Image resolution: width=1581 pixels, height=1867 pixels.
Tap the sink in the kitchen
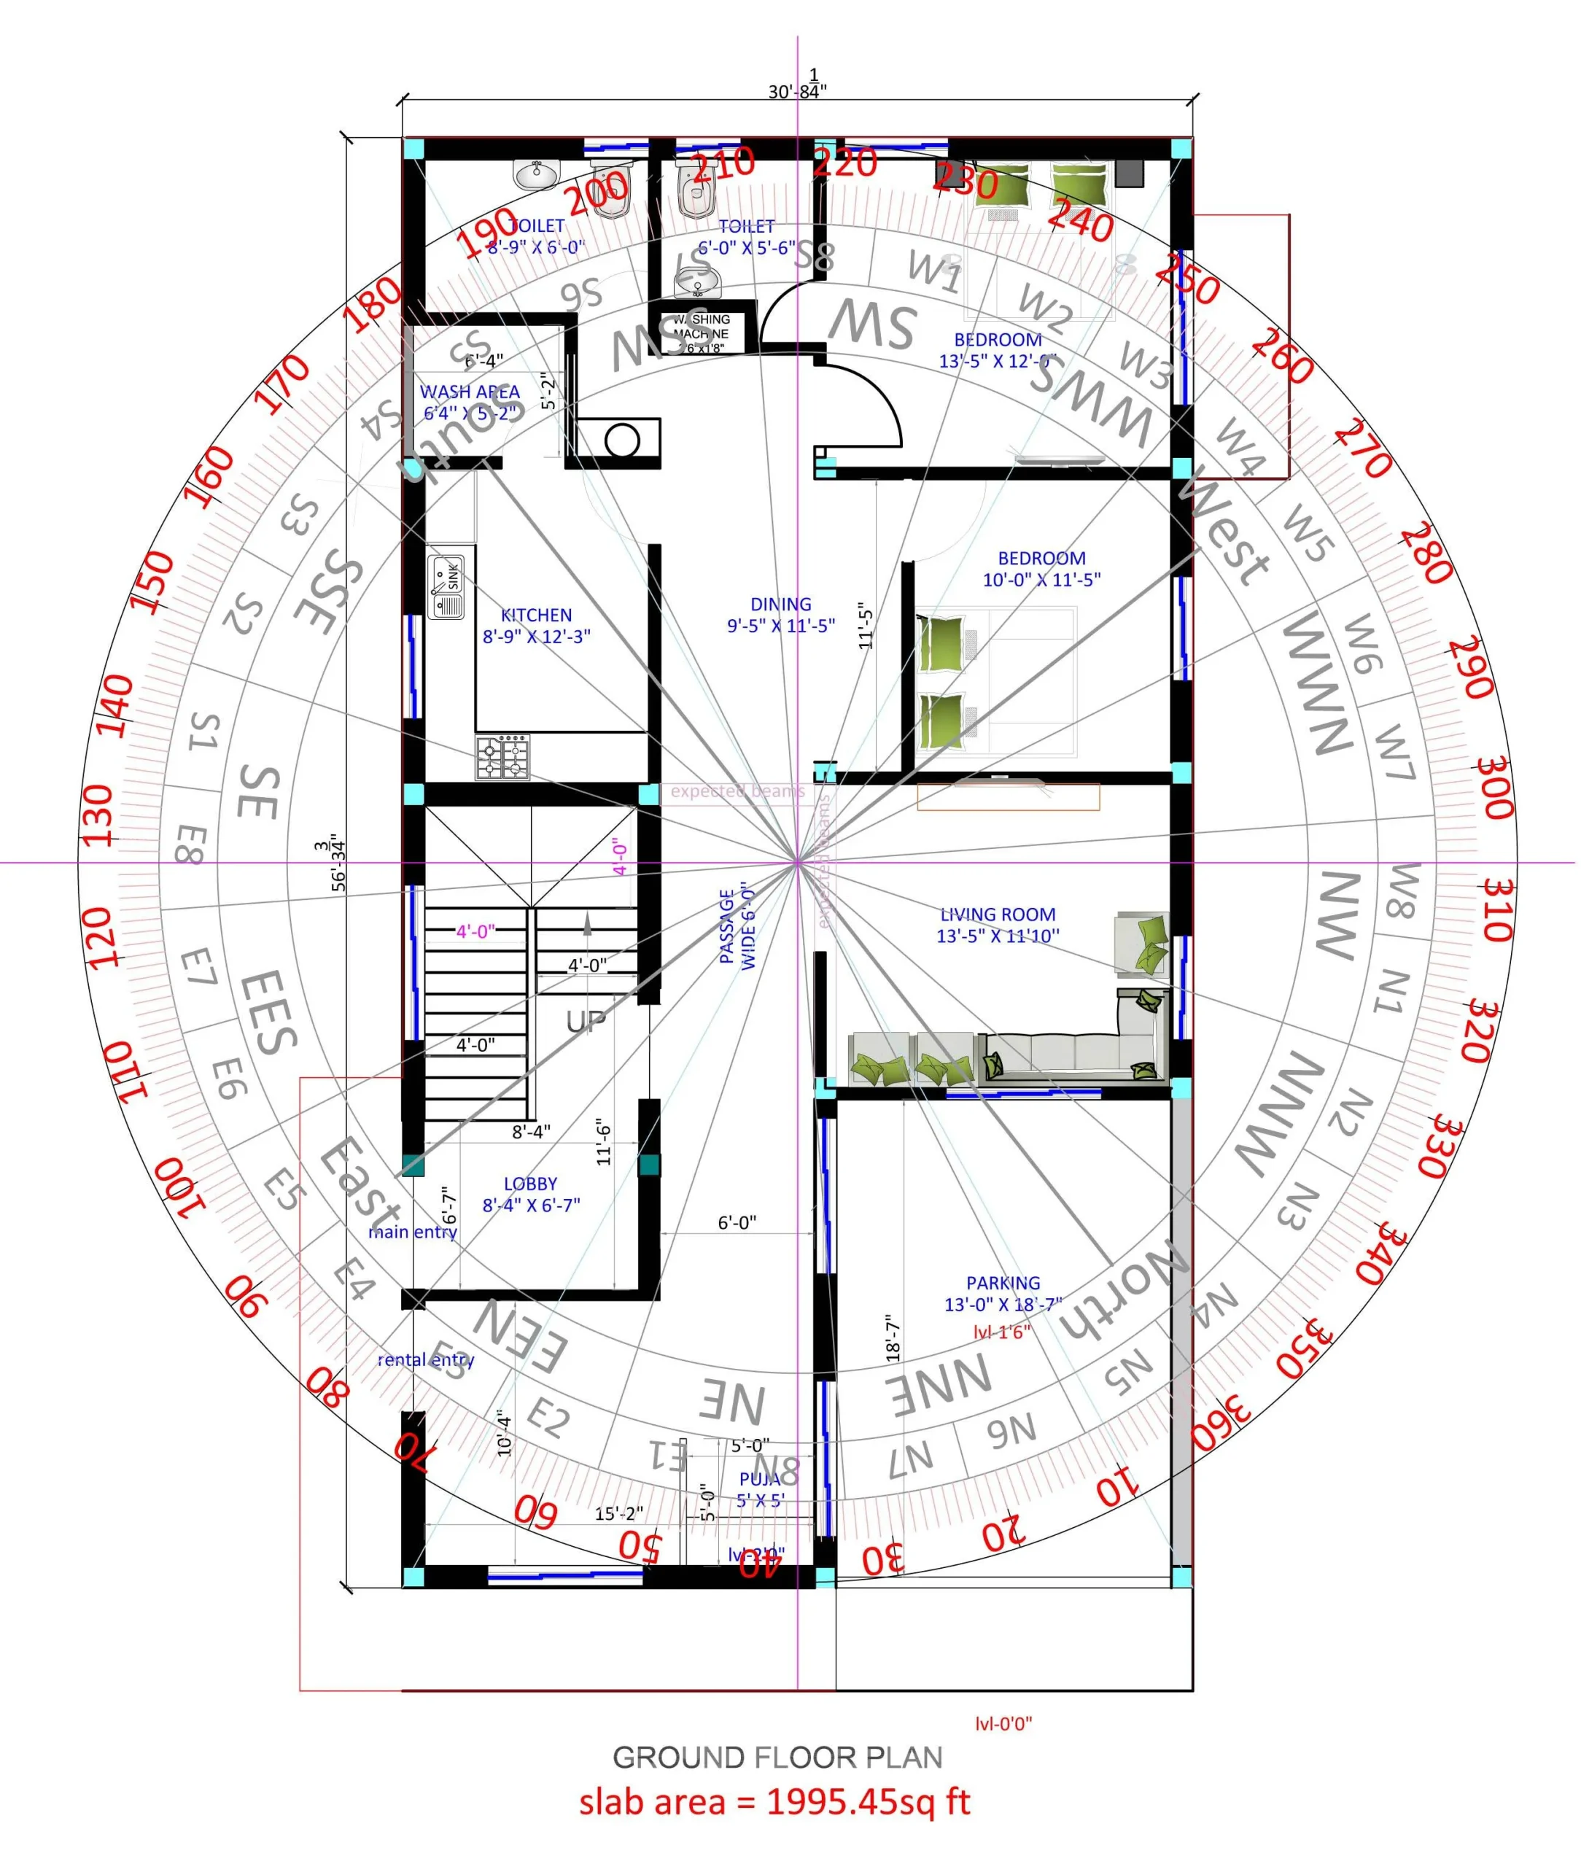point(446,587)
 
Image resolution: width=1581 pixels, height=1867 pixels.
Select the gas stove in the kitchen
point(502,758)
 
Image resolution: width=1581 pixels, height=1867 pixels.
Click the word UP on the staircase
point(586,1021)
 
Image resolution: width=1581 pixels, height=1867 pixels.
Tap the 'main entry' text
point(413,1233)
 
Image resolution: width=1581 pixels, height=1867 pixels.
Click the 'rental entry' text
point(426,1359)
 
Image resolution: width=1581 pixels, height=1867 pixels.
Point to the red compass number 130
point(98,815)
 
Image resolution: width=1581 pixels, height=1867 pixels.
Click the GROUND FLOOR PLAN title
point(777,1757)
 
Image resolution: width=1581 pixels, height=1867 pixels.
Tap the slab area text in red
point(774,1801)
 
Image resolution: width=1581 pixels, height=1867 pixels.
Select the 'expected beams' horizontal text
point(737,791)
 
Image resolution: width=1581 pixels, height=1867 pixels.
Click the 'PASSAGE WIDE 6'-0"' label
point(737,927)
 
